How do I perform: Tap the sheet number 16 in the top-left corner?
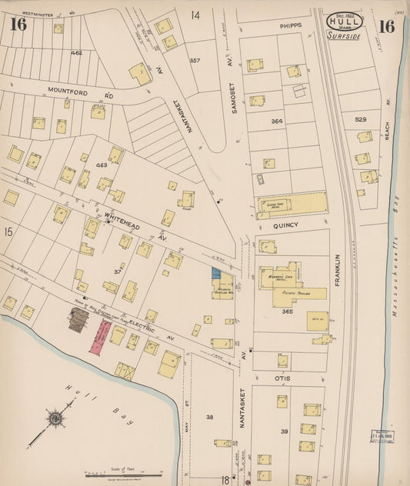(x=18, y=25)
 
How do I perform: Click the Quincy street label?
(x=285, y=227)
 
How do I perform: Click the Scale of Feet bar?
(x=112, y=476)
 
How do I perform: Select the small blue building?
(x=216, y=272)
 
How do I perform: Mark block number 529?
(x=360, y=119)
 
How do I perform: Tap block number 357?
(x=195, y=60)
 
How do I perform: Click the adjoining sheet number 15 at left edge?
(x=8, y=231)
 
